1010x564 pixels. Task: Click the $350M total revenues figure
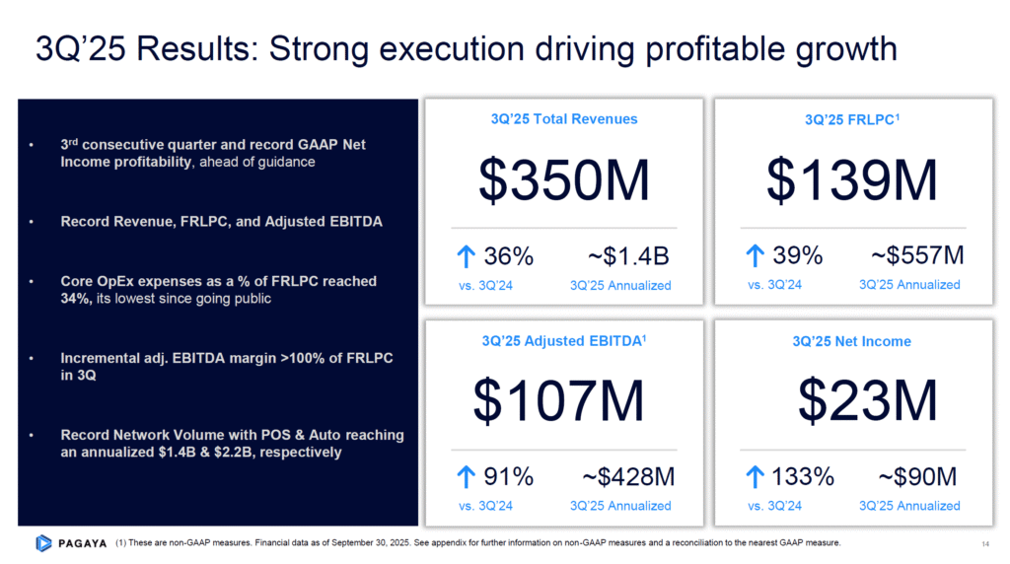(563, 180)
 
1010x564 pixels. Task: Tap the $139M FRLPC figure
(852, 180)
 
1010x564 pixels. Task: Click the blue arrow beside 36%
(467, 257)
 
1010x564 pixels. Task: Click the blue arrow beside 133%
(757, 478)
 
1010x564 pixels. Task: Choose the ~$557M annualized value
(917, 257)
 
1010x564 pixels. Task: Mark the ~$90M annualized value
(917, 478)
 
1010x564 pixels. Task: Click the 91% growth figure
(509, 478)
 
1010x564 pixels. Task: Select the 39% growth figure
(798, 257)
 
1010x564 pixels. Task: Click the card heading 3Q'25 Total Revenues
(564, 119)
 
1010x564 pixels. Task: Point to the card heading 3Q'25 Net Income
(851, 341)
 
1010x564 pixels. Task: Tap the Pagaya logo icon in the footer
(43, 542)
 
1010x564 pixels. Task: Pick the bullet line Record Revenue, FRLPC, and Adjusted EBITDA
(222, 222)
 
